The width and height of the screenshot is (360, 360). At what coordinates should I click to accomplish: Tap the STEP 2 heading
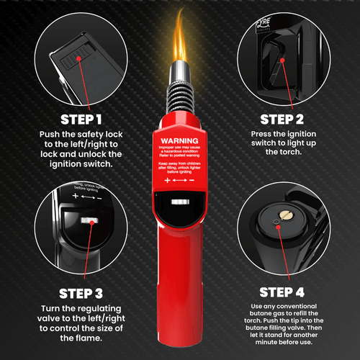click(287, 118)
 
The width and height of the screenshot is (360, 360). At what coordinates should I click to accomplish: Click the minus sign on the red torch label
click(193, 183)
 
